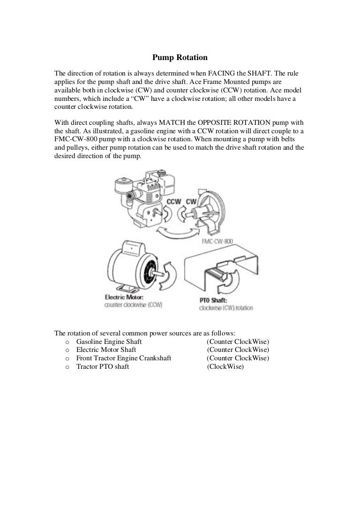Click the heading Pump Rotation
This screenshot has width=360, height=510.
click(180, 58)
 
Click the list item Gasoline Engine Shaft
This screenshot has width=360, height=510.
click(109, 342)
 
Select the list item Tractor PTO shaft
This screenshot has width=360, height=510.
click(102, 367)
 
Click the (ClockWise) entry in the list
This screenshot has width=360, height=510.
click(225, 367)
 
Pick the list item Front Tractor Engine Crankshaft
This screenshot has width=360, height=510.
click(123, 358)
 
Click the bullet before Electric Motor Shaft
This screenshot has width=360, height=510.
click(68, 350)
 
